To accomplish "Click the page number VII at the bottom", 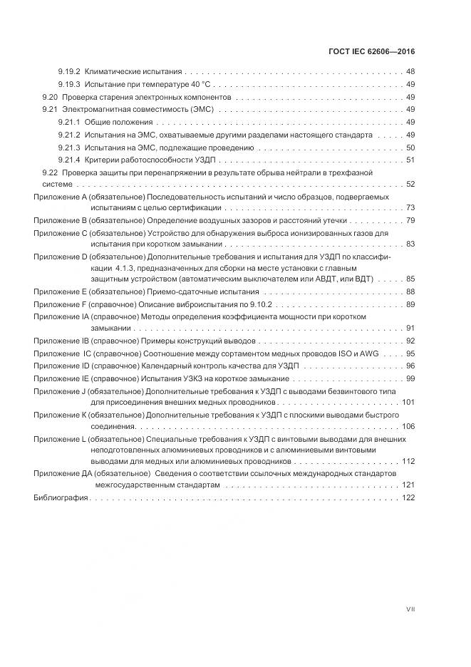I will [410, 609].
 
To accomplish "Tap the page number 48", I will [410, 72].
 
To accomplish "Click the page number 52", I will [410, 184].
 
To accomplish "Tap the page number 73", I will [410, 208].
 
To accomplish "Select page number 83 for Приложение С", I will [410, 244].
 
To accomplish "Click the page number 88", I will [410, 292].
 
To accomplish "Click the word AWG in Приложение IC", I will [369, 353].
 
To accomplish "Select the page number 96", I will [410, 366].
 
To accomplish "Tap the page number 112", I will [408, 461].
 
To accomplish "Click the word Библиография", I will [61, 497].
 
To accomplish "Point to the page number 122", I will [408, 497].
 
